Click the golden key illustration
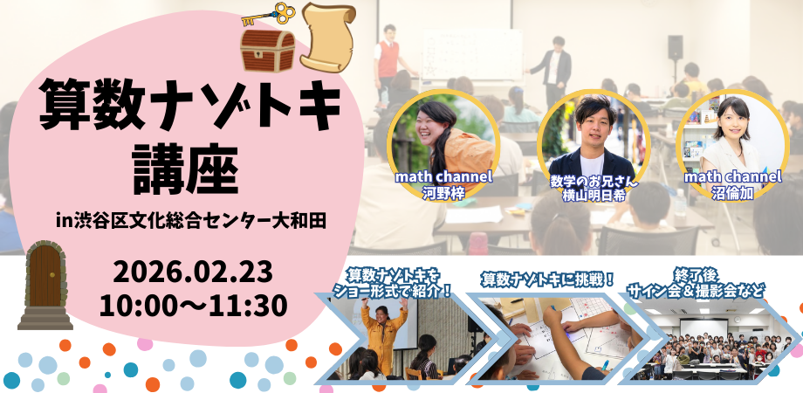[x=270, y=14]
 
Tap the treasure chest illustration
[x=267, y=50]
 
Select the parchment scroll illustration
[x=328, y=37]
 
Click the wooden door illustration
[x=45, y=285]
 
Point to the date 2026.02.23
[x=193, y=272]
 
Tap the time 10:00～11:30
[x=193, y=306]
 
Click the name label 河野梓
[x=443, y=193]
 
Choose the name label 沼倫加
[x=732, y=193]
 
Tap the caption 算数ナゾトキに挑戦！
[x=547, y=279]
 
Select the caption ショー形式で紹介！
[x=392, y=292]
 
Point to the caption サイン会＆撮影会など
[x=697, y=292]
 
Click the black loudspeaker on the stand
[x=676, y=48]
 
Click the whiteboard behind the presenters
[x=471, y=54]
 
